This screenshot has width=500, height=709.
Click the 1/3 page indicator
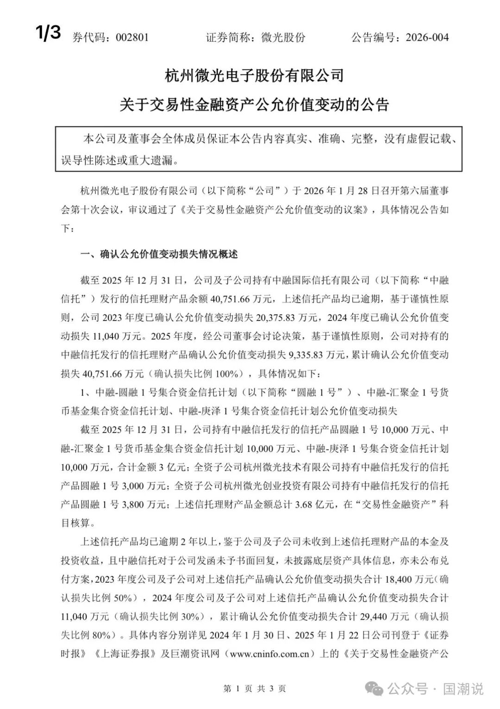tap(48, 33)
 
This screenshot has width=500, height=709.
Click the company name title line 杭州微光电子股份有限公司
tap(254, 75)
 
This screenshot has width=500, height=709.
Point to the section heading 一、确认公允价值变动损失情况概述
tap(159, 254)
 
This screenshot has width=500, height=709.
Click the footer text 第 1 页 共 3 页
tap(254, 689)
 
